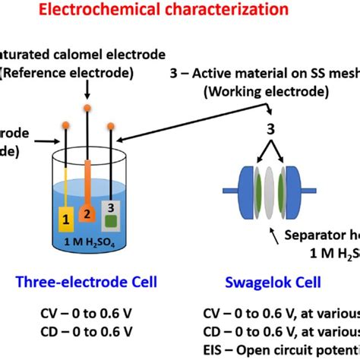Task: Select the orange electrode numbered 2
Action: click(x=88, y=214)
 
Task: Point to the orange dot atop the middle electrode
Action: click(x=88, y=109)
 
